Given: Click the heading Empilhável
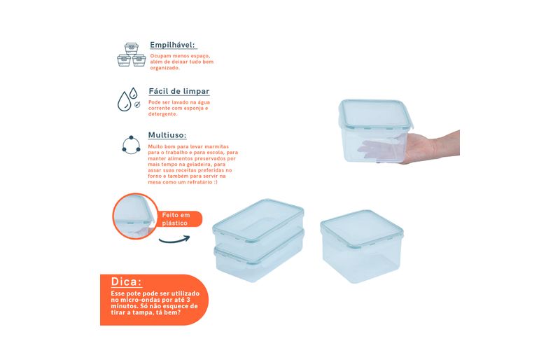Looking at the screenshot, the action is (x=173, y=45).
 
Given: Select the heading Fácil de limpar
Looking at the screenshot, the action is (x=179, y=91).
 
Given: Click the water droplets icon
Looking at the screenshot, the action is (x=129, y=99).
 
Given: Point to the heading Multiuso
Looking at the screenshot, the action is (x=167, y=135).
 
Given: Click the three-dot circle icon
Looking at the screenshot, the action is (x=131, y=145).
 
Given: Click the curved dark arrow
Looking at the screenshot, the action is (x=174, y=240).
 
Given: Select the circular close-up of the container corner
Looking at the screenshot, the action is (x=135, y=216).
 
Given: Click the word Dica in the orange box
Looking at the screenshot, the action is (x=127, y=282).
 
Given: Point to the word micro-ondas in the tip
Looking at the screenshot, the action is (x=136, y=300).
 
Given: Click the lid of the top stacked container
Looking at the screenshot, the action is (x=258, y=220).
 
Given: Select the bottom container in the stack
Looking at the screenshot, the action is (x=259, y=258).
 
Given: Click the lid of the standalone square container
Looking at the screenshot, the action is (x=362, y=229).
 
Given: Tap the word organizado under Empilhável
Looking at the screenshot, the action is (x=164, y=68).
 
